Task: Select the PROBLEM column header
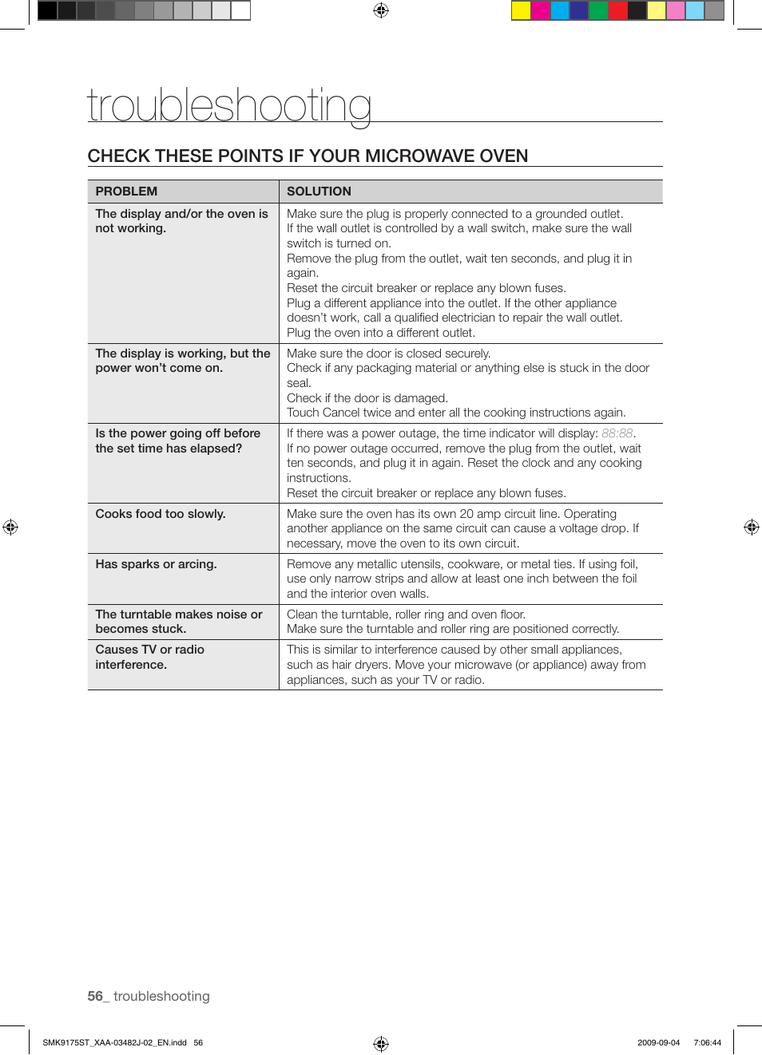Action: pyautogui.click(x=126, y=192)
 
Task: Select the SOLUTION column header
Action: pyautogui.click(x=319, y=192)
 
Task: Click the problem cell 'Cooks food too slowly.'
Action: pyautogui.click(x=161, y=514)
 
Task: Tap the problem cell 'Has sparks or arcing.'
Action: pyautogui.click(x=156, y=564)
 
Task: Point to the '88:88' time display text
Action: pyautogui.click(x=617, y=433)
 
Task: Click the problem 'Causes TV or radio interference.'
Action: pyautogui.click(x=149, y=657)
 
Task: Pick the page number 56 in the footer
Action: pyautogui.click(x=95, y=996)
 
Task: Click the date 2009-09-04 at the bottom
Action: pyautogui.click(x=658, y=1042)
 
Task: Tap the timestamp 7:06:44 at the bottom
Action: pyautogui.click(x=707, y=1042)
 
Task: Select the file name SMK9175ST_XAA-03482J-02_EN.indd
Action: pyautogui.click(x=114, y=1042)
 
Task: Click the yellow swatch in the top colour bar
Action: pyautogui.click(x=521, y=10)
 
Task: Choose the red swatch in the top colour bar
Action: pyautogui.click(x=617, y=10)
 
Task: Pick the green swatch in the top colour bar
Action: pyautogui.click(x=598, y=10)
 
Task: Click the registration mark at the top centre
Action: pyautogui.click(x=381, y=10)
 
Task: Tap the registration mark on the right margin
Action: pyautogui.click(x=751, y=527)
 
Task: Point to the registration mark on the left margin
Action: pyautogui.click(x=10, y=527)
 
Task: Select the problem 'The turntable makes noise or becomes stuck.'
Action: pyautogui.click(x=178, y=622)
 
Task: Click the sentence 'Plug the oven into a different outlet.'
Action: pyautogui.click(x=380, y=333)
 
